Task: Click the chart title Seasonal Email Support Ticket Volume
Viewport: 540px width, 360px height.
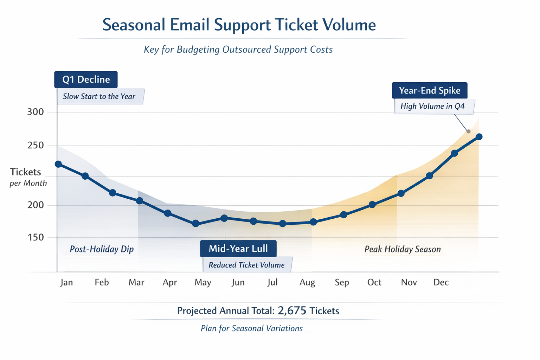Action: pos(239,25)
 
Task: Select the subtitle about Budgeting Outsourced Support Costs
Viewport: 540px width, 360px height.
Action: pos(238,50)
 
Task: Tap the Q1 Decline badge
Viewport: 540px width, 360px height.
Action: pos(86,79)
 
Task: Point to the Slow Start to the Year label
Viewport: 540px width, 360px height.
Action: pos(99,96)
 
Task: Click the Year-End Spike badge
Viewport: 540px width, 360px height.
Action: pos(429,90)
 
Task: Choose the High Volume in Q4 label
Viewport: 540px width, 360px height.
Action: pos(432,106)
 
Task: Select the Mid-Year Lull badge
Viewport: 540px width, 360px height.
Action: pos(238,249)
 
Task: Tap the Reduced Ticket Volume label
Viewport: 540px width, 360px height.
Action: pos(246,265)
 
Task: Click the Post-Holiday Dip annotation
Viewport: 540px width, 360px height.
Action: pos(102,249)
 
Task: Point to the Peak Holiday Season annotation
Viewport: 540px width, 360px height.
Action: pos(403,249)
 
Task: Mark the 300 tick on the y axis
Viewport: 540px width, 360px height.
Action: pos(35,112)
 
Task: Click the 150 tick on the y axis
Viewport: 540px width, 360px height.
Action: pos(35,238)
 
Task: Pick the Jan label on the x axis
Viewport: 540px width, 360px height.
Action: pos(66,282)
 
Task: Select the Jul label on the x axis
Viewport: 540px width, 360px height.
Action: pos(272,282)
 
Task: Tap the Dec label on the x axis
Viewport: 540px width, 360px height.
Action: pos(441,282)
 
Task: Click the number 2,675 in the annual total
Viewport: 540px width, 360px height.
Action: pos(292,310)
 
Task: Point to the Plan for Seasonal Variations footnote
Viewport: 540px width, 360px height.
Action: pos(251,328)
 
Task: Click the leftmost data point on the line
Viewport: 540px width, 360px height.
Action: pos(58,164)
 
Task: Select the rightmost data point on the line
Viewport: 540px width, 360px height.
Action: pos(479,137)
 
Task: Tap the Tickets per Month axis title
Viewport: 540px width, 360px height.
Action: pos(27,177)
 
